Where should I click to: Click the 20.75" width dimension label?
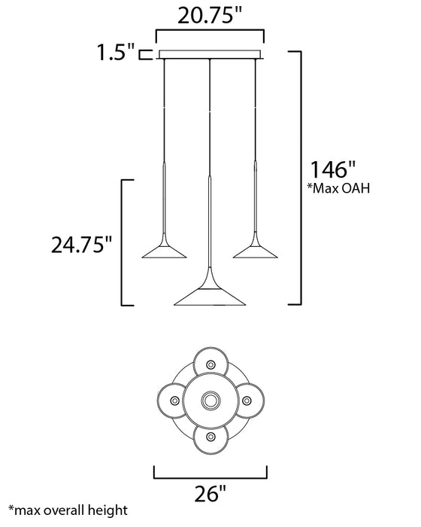(x=210, y=15)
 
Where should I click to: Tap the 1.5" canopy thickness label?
(x=116, y=53)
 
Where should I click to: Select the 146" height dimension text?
(x=329, y=166)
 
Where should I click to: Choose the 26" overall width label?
(x=210, y=495)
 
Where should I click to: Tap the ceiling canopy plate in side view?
(x=210, y=54)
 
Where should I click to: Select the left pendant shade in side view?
(x=164, y=251)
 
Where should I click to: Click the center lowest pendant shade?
(x=210, y=295)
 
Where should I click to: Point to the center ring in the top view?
(x=210, y=399)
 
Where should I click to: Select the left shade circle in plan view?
(x=172, y=399)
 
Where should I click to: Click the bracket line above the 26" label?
(x=210, y=477)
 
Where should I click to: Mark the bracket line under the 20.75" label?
(x=210, y=31)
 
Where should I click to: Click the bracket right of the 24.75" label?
(x=125, y=242)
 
